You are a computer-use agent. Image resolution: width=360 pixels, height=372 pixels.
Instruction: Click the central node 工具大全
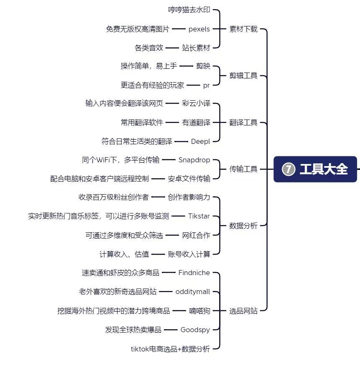pos(315,169)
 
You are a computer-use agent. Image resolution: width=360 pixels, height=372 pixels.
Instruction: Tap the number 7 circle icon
pos(288,169)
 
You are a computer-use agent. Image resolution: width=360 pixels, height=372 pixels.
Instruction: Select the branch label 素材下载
pos(243,29)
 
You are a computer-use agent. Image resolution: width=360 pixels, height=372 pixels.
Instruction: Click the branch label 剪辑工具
pos(243,75)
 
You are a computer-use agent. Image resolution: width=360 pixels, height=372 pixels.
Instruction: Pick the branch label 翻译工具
pos(243,122)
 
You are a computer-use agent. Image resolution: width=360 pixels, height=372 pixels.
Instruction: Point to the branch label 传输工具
pos(243,169)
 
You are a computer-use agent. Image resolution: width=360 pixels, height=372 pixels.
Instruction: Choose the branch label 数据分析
pos(243,225)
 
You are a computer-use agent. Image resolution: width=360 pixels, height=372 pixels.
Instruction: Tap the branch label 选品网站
pos(243,310)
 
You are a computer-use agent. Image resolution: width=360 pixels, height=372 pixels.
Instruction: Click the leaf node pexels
pos(199,29)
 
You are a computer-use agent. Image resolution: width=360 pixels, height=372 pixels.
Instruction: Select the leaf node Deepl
pos(200,141)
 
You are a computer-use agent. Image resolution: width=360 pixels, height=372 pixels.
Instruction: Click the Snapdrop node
pos(194,160)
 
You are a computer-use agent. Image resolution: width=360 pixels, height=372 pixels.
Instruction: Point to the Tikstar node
pos(199,216)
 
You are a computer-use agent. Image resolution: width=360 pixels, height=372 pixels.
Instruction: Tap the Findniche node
pos(194,273)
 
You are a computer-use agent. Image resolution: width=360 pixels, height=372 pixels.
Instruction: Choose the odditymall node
pos(193,291)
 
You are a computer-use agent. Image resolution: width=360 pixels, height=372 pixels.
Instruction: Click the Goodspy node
pos(195,330)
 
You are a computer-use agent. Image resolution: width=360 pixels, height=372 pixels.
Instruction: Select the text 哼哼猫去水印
pos(189,10)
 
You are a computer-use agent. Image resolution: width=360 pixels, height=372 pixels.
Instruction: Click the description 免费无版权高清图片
pos(137,29)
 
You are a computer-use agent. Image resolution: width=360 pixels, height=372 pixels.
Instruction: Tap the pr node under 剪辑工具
pos(207,86)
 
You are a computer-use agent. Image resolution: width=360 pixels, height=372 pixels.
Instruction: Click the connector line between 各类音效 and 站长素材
pos(172,48)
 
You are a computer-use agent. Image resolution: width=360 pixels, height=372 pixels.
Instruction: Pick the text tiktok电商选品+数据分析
pos(170,349)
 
